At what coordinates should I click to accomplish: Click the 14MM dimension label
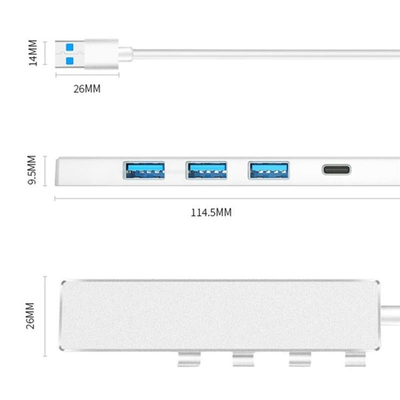[x=33, y=53]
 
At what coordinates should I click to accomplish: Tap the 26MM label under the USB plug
[x=87, y=89]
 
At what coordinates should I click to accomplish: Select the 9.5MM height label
[x=32, y=170]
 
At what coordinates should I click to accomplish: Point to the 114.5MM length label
[x=211, y=213]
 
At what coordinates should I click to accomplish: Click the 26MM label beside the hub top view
[x=30, y=316]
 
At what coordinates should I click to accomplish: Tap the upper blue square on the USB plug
[x=69, y=47]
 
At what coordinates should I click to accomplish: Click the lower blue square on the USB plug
[x=69, y=61]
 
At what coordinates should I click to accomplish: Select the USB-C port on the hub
[x=337, y=169]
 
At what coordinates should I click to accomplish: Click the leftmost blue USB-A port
[x=144, y=170]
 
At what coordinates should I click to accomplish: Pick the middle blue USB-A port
[x=207, y=170]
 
